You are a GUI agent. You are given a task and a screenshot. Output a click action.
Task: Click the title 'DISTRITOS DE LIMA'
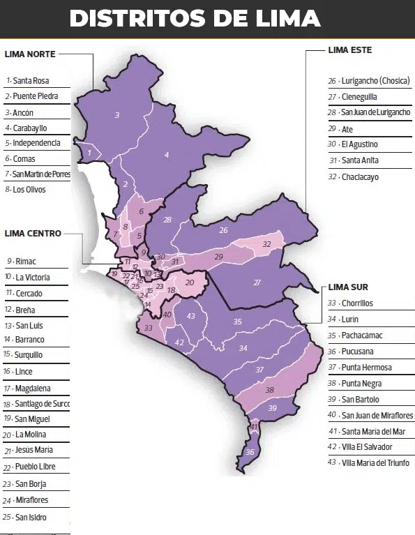pyautogui.click(x=195, y=18)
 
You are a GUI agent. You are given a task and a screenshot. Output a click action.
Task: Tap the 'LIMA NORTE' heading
pyautogui.click(x=30, y=54)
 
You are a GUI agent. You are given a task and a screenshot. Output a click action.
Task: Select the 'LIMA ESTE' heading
pyautogui.click(x=350, y=50)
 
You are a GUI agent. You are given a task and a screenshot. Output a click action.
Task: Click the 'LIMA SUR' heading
pyautogui.click(x=348, y=287)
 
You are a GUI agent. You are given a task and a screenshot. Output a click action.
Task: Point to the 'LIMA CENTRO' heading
pyautogui.click(x=33, y=233)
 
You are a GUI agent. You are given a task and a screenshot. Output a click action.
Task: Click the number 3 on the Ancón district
pyautogui.click(x=117, y=115)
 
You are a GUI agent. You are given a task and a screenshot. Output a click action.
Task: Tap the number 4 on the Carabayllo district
pyautogui.click(x=167, y=154)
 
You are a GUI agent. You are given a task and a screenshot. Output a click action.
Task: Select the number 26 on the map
pyautogui.click(x=223, y=229)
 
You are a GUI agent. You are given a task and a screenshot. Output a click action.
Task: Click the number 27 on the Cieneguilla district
pyautogui.click(x=257, y=282)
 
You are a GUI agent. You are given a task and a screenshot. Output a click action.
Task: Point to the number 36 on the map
pyautogui.click(x=250, y=452)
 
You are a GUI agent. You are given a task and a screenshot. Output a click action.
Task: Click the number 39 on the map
pyautogui.click(x=272, y=407)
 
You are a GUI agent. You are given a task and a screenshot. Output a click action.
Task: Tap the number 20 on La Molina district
pyautogui.click(x=189, y=282)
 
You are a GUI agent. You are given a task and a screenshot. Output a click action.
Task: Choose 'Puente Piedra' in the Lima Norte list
pyautogui.click(x=35, y=96)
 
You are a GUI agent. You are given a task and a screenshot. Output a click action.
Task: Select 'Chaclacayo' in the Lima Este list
pyautogui.click(x=360, y=177)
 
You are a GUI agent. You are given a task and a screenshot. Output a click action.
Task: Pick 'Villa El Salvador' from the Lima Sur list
pyautogui.click(x=367, y=446)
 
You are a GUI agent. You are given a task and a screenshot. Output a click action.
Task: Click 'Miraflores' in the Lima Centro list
pyautogui.click(x=32, y=500)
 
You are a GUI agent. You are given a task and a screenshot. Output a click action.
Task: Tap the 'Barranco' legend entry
pyautogui.click(x=29, y=339)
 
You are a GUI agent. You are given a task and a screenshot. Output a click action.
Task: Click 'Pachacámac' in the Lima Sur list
pyautogui.click(x=362, y=336)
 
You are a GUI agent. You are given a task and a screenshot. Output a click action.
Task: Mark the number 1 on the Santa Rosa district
pyautogui.click(x=89, y=151)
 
